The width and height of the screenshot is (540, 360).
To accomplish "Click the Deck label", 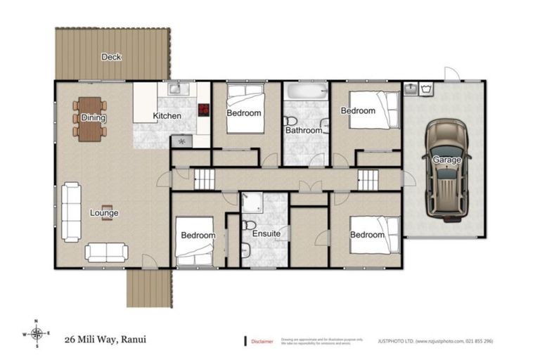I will (110, 57).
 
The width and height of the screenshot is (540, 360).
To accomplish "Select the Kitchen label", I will (167, 116).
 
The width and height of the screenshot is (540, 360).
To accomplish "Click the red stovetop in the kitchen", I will (205, 110).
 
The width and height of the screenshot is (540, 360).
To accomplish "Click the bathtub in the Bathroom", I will (304, 91).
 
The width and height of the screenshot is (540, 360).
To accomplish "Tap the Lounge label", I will (104, 212).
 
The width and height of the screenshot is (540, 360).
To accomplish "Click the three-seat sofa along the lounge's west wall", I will (70, 203).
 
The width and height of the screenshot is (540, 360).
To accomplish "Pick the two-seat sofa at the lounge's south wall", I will (105, 252).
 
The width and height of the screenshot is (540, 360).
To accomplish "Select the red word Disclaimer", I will (262, 341).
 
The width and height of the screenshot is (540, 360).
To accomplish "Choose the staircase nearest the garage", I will (368, 179).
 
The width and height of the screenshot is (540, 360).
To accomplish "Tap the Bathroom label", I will (304, 130).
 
